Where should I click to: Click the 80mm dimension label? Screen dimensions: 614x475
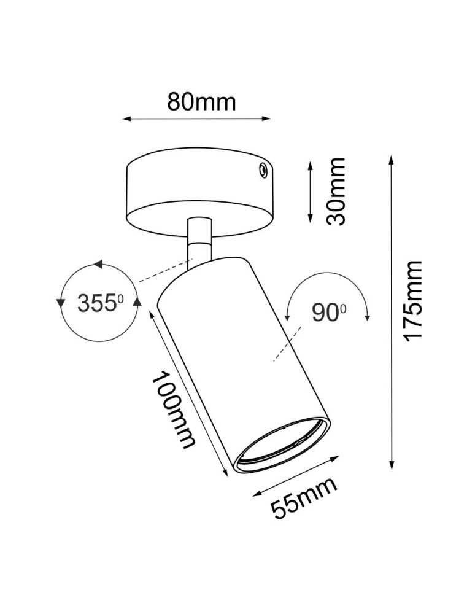pos(201,101)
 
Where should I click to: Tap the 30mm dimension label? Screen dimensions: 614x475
pos(335,191)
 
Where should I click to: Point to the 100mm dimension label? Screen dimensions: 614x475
pos(175,410)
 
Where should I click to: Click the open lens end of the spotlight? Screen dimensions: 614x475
pos(284,447)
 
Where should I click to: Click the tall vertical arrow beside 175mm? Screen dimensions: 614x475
pos(391,313)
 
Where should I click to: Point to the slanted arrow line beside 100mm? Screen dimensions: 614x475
pos(188,393)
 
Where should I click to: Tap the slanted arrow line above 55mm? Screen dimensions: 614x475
pos(296,474)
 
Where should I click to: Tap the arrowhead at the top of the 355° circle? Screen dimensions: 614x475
pos(97,265)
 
